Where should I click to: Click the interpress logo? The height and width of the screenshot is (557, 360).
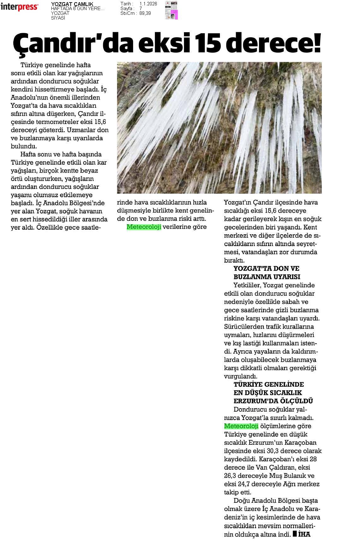19,7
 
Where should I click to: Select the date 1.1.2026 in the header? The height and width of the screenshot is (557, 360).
148,4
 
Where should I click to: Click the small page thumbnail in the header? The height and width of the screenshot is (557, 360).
171,10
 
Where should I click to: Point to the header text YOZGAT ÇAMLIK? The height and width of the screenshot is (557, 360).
72,4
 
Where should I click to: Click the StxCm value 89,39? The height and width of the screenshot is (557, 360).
145,13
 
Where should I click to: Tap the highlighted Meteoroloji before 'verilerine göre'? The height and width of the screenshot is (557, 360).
144,227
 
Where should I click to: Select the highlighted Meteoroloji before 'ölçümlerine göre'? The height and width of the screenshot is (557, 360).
241,426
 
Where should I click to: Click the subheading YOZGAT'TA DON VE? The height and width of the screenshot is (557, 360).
266,269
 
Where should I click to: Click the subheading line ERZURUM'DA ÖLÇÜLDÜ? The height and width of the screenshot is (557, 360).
273,401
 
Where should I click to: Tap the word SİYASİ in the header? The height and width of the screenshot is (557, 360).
58,18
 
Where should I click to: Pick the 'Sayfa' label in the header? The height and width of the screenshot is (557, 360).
126,9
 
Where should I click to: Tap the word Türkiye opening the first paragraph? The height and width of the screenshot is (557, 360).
32,65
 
